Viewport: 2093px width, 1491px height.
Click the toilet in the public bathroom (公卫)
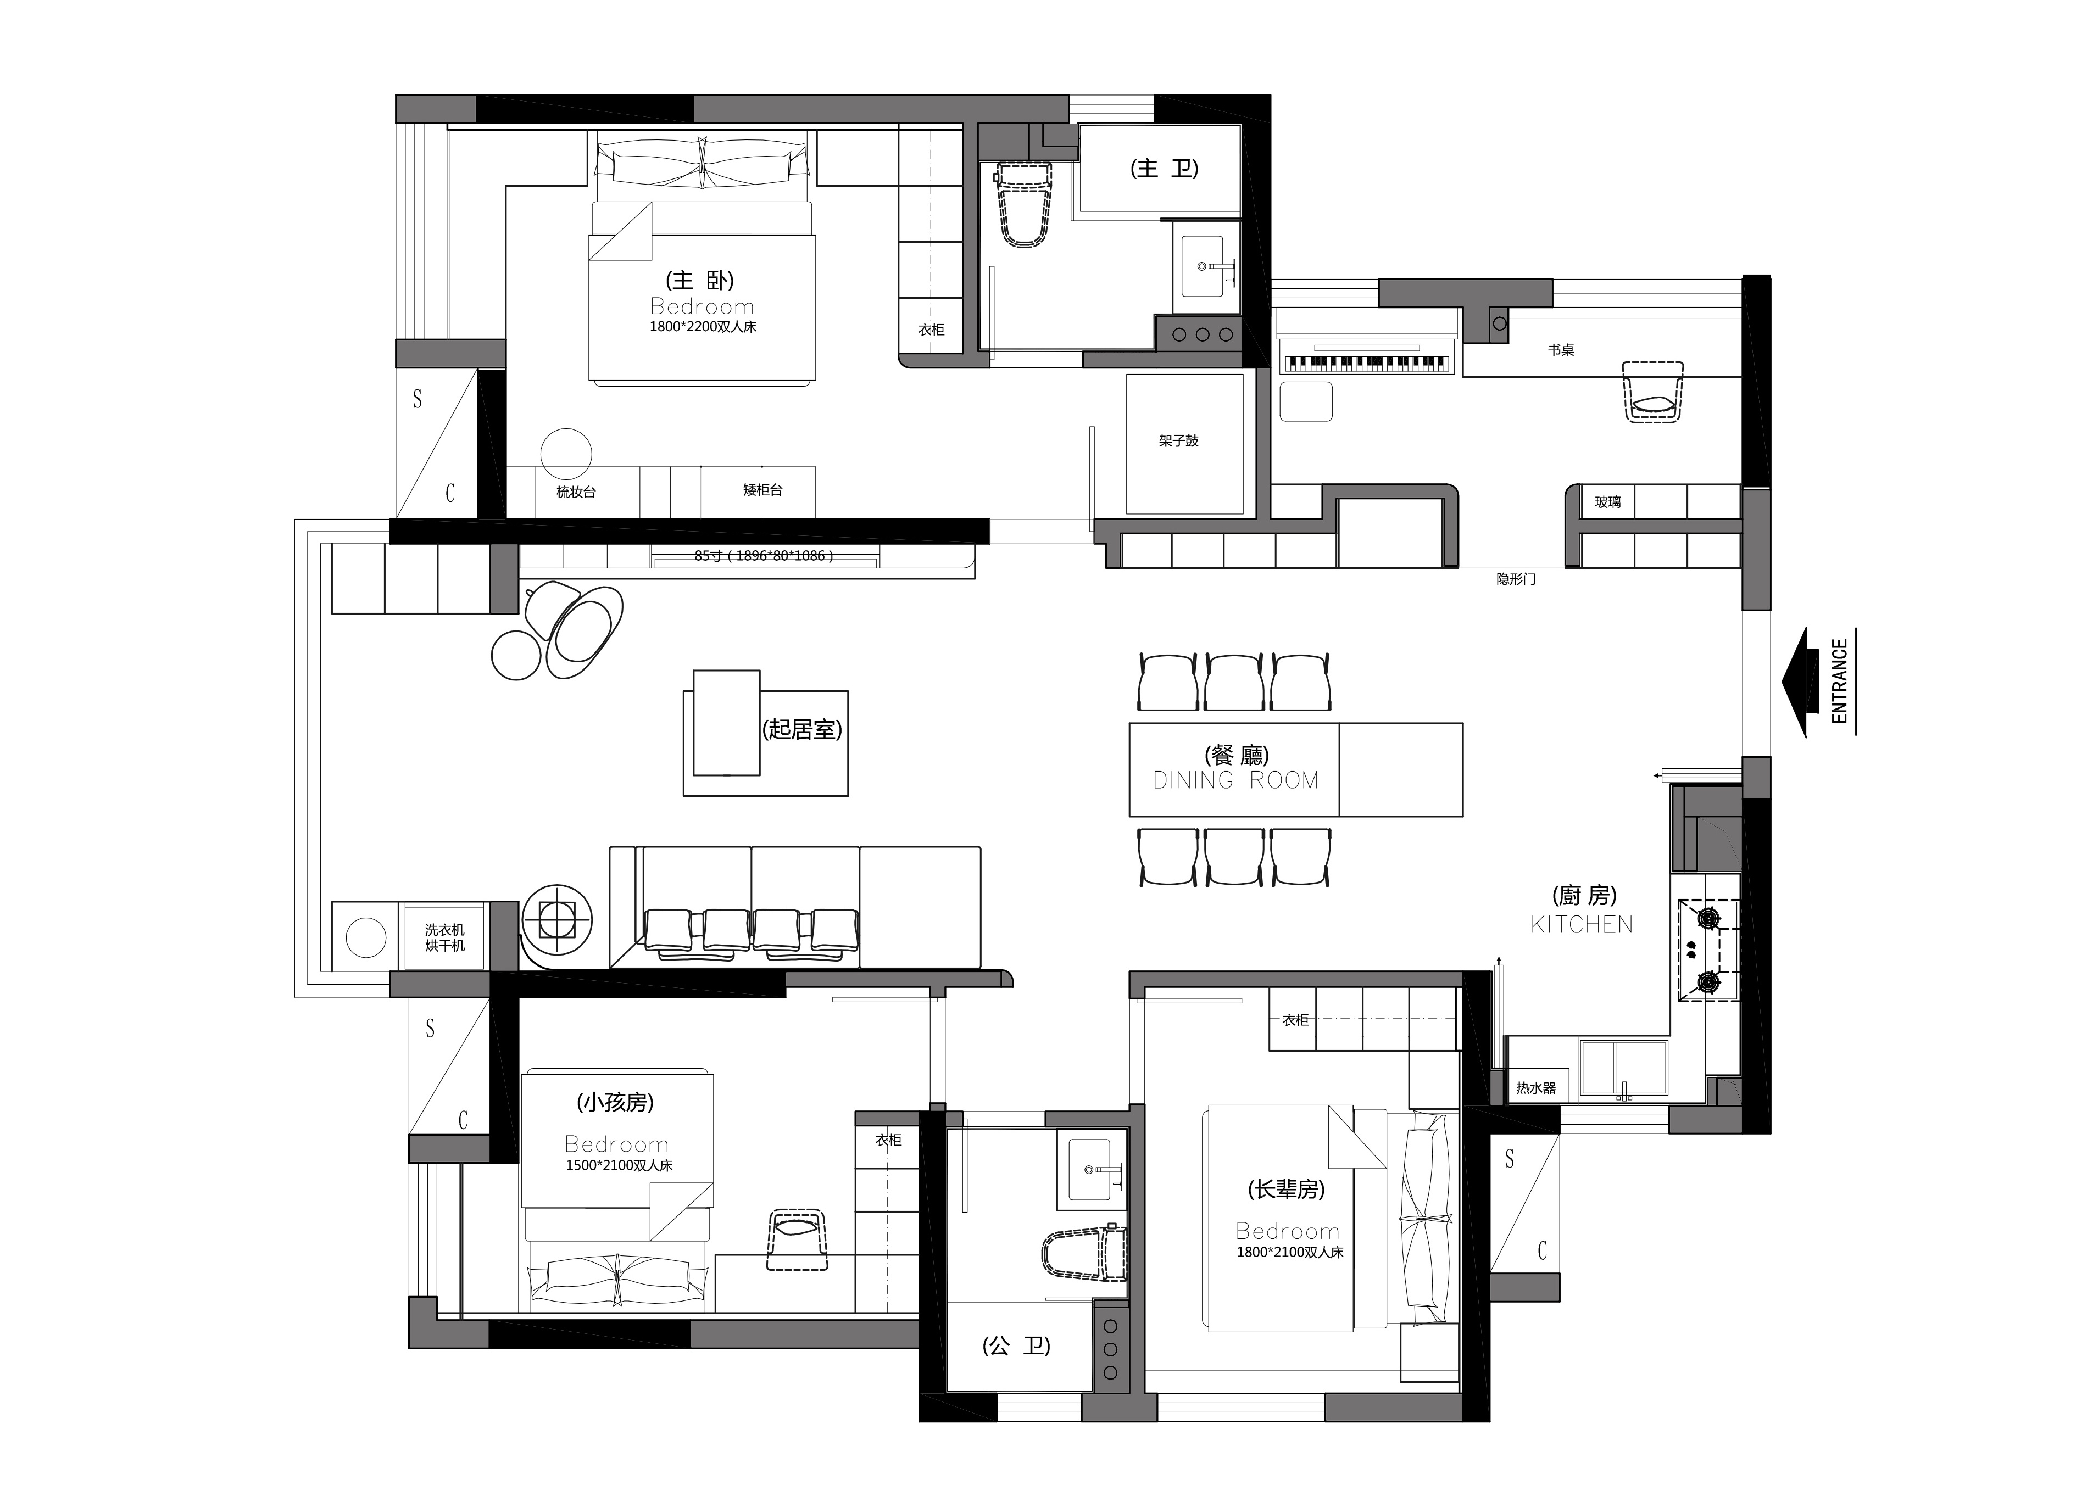[1084, 1254]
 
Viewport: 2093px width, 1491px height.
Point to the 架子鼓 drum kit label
[1178, 440]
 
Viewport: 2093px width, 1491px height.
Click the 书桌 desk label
[1561, 350]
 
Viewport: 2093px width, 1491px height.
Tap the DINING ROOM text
[1235, 780]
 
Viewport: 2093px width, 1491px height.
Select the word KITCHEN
[1582, 925]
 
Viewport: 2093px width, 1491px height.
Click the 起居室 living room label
[801, 729]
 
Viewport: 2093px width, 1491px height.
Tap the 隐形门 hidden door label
[1515, 579]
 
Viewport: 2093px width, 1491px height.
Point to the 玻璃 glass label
[1607, 502]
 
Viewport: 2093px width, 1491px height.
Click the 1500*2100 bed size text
[619, 1165]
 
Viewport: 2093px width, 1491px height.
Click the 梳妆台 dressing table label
[576, 492]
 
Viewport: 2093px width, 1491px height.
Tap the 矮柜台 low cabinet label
[762, 490]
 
